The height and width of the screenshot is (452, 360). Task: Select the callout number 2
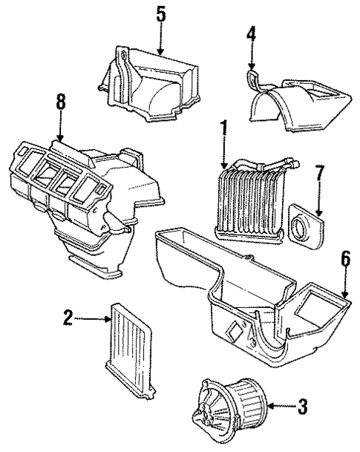68,318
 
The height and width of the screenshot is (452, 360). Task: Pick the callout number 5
160,14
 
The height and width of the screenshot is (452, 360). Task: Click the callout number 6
345,259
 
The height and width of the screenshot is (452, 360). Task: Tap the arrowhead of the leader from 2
108,319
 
